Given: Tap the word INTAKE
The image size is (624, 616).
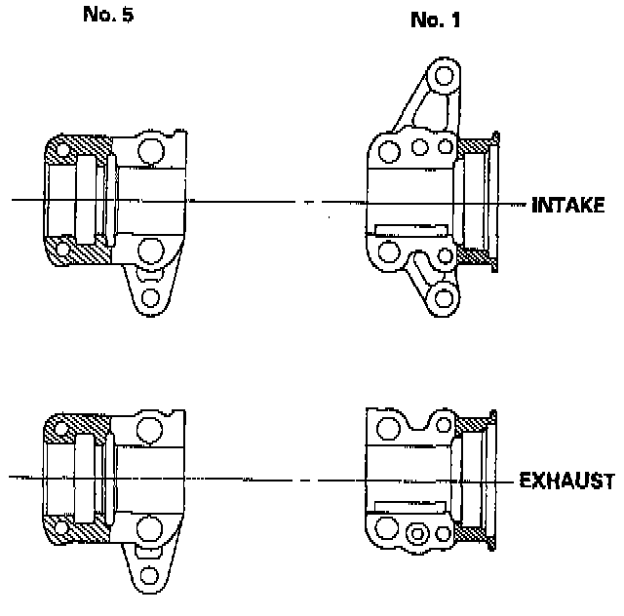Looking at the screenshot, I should coord(569,206).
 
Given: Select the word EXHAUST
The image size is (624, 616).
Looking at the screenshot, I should coord(566,481).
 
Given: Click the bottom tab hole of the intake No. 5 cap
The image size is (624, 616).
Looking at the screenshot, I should coord(149,297).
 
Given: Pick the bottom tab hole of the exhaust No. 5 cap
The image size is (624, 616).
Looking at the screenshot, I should coord(149,573).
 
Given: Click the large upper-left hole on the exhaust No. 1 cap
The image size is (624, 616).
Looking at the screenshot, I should coord(387,429).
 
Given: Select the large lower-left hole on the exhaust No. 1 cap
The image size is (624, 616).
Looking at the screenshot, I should coord(387,532).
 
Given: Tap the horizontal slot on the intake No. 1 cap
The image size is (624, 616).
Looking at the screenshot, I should coord(409,231).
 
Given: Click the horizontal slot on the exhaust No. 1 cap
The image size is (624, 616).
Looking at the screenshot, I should coord(409,507).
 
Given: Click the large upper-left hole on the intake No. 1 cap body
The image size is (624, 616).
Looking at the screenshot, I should coord(388,150).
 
